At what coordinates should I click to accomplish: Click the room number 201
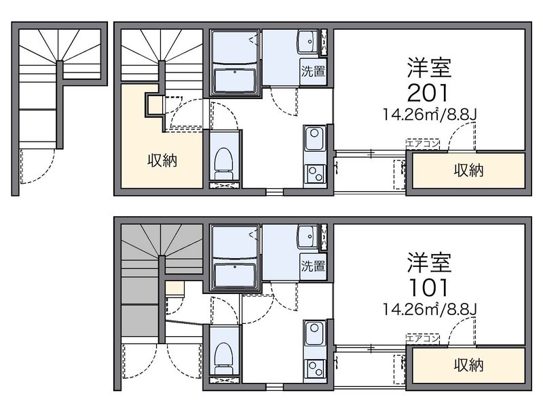pyautogui.click(x=428, y=93)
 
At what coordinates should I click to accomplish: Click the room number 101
pyautogui.click(x=428, y=287)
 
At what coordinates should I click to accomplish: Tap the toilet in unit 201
pyautogui.click(x=223, y=164)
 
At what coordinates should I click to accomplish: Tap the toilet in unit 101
pyautogui.click(x=223, y=358)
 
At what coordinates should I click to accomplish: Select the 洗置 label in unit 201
pyautogui.click(x=312, y=71)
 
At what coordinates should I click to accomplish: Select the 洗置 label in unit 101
pyautogui.click(x=312, y=266)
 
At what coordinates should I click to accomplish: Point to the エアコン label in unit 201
pyautogui.click(x=423, y=144)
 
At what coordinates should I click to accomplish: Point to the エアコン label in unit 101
pyautogui.click(x=423, y=338)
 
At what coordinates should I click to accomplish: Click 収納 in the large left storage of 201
pyautogui.click(x=162, y=161)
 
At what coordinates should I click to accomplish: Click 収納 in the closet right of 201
pyautogui.click(x=468, y=170)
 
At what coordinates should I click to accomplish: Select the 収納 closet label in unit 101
pyautogui.click(x=468, y=365)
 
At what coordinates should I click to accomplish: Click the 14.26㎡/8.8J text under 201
pyautogui.click(x=430, y=115)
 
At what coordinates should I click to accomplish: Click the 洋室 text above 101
pyautogui.click(x=430, y=263)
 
